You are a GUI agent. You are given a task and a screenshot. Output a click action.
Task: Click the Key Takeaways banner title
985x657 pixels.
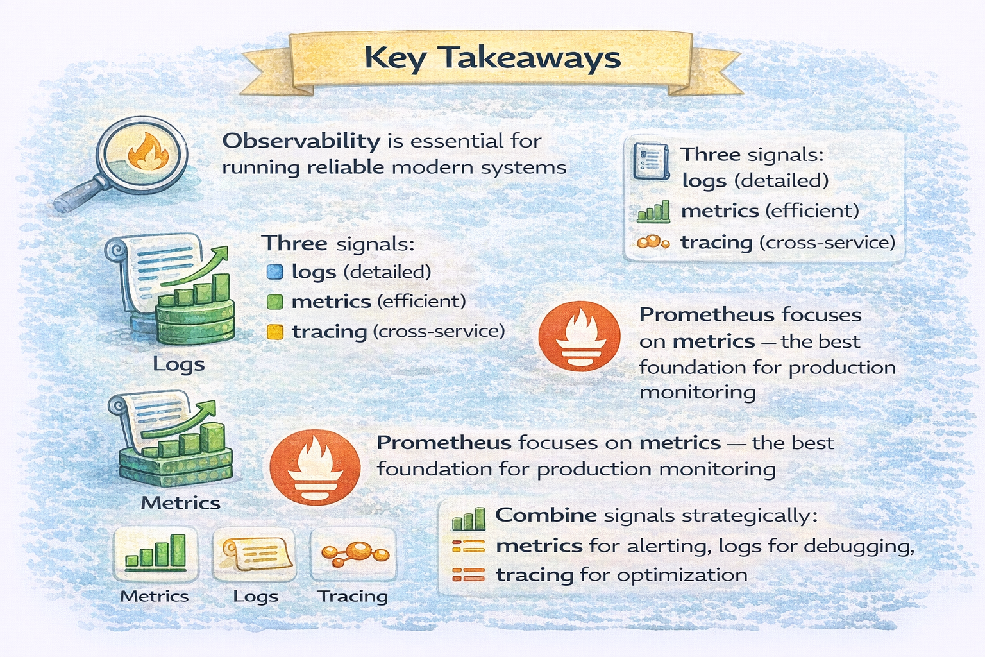point(492,58)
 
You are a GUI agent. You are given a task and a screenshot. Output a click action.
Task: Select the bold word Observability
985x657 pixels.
point(301,141)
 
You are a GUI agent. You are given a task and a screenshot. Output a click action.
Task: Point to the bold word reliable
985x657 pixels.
point(345,168)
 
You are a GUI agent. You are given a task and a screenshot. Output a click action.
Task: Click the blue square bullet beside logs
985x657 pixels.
point(274,272)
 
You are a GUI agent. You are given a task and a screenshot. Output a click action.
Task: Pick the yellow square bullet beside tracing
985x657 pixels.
point(274,332)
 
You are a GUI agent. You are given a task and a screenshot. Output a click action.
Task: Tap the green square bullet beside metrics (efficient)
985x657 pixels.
point(274,302)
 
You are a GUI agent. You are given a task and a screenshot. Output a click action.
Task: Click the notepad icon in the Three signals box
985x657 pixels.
point(648,160)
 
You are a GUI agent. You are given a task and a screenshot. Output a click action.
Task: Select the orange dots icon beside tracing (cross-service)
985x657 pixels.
point(653,243)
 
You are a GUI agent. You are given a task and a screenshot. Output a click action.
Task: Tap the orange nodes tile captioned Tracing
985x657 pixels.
point(353,553)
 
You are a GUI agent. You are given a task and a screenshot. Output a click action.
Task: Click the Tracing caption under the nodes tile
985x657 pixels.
point(353,596)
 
